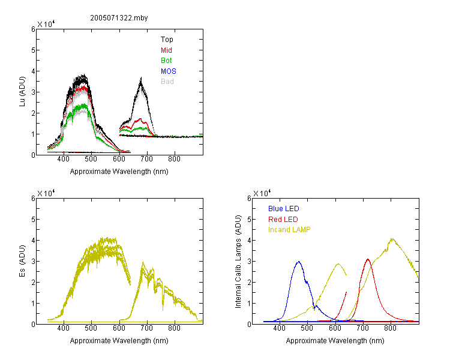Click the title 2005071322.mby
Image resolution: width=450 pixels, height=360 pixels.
[119, 18]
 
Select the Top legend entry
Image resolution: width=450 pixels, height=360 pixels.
[167, 40]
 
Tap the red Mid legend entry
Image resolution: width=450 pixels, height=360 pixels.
[166, 50]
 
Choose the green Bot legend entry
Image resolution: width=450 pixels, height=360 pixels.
[166, 61]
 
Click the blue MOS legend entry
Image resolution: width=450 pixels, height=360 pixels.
[169, 71]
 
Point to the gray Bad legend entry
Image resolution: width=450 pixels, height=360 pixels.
[167, 82]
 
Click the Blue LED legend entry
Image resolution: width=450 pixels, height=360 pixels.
[284, 209]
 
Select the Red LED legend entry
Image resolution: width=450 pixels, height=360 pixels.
[283, 220]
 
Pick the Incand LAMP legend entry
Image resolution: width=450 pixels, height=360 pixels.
[289, 230]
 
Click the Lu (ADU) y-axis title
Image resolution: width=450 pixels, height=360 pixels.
[22, 92]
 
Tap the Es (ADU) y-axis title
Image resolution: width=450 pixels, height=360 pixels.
[22, 261]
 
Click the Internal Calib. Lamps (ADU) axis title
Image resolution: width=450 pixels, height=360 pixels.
[238, 262]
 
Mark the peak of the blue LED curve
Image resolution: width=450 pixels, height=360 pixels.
[299, 262]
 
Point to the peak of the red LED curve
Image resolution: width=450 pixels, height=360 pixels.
[368, 259]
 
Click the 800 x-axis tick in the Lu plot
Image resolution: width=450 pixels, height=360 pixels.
[174, 159]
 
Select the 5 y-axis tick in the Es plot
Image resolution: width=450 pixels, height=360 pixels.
[33, 220]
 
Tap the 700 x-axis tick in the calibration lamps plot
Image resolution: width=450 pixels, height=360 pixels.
[363, 328]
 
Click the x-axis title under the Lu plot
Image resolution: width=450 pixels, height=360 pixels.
[119, 172]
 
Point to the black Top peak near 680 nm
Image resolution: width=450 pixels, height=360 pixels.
[141, 77]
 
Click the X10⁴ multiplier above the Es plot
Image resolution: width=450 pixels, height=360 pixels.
[46, 193]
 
